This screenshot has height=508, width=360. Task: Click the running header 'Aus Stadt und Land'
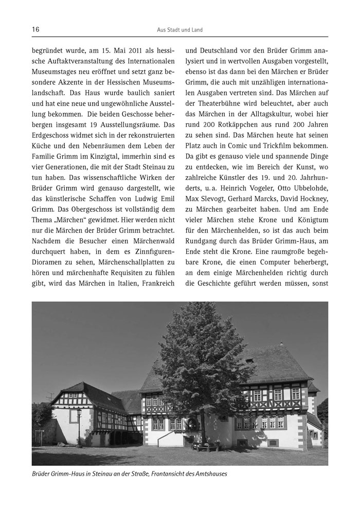[180, 30]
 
